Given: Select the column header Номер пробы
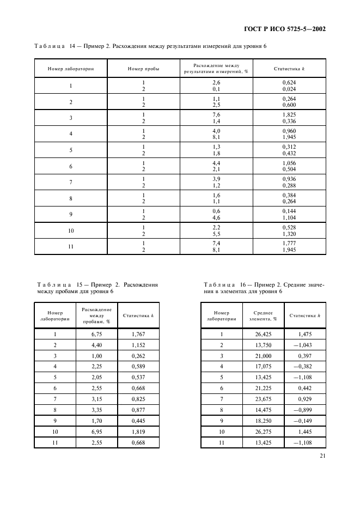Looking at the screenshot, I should coord(144,69).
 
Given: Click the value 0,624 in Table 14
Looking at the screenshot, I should coord(289,82).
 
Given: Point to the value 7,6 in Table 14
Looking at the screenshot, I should coord(216,115).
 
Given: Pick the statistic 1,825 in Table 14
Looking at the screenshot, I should coord(289,115).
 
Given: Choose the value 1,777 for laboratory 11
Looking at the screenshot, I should coord(289,243).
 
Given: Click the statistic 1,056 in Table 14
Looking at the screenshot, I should coord(289,163).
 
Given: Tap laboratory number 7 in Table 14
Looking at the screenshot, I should coord(71,183).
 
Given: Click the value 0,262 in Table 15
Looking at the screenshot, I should coord(139,356).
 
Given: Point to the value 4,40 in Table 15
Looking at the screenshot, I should coord(96,345).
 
